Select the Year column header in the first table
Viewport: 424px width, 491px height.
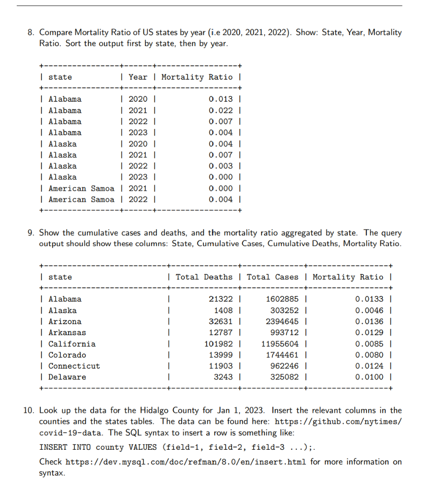[x=138, y=77]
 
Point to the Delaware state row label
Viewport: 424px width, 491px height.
[x=68, y=377]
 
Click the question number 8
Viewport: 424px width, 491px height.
[x=31, y=33]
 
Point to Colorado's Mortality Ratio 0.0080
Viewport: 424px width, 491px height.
[x=369, y=355]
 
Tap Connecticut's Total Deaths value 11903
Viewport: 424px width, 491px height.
[x=223, y=366]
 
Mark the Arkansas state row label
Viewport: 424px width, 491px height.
[x=68, y=332]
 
